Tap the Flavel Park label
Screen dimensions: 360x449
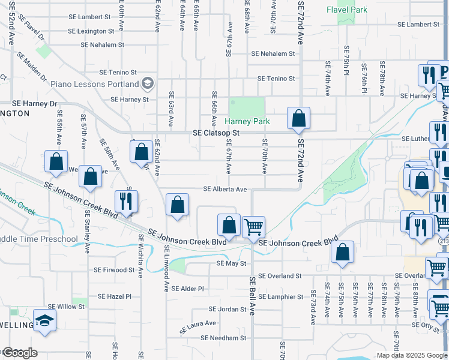(347, 10)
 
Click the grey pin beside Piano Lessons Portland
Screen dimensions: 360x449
(148, 83)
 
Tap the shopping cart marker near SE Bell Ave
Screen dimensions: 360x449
(253, 227)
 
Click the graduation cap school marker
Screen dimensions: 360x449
(45, 320)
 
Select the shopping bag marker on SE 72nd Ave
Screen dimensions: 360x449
(298, 118)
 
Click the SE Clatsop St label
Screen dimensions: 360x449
(216, 133)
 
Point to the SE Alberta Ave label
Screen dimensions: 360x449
(225, 189)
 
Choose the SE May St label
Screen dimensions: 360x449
(231, 263)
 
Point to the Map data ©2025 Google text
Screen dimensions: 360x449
(412, 355)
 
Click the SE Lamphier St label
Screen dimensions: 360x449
(281, 296)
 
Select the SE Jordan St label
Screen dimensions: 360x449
(228, 309)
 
